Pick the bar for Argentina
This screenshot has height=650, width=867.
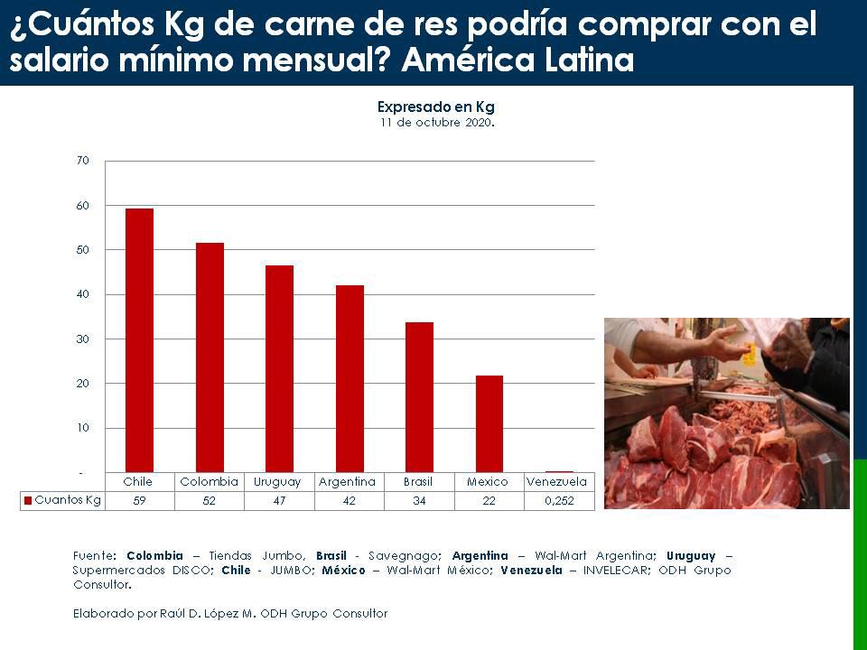(350, 378)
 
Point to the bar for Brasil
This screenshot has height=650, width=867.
(419, 397)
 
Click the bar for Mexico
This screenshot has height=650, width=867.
(489, 423)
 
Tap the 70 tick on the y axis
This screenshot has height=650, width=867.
(83, 161)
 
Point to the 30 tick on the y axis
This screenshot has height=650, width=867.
(83, 339)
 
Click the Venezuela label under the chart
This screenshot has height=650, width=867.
(556, 482)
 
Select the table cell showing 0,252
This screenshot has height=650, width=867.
(557, 500)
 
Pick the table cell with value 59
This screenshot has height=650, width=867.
(139, 500)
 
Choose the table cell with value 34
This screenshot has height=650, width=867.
(419, 500)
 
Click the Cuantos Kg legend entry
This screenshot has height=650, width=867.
(63, 499)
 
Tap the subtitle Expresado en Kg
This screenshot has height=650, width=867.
(435, 107)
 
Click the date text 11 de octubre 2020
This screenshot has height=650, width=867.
(437, 122)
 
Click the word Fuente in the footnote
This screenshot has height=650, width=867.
(94, 555)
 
